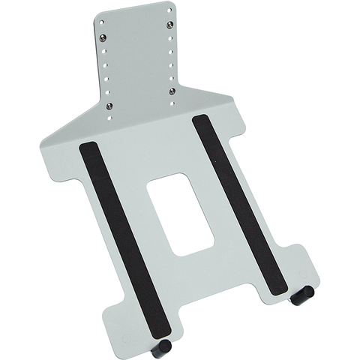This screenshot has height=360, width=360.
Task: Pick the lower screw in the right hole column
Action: [x=172, y=91]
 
